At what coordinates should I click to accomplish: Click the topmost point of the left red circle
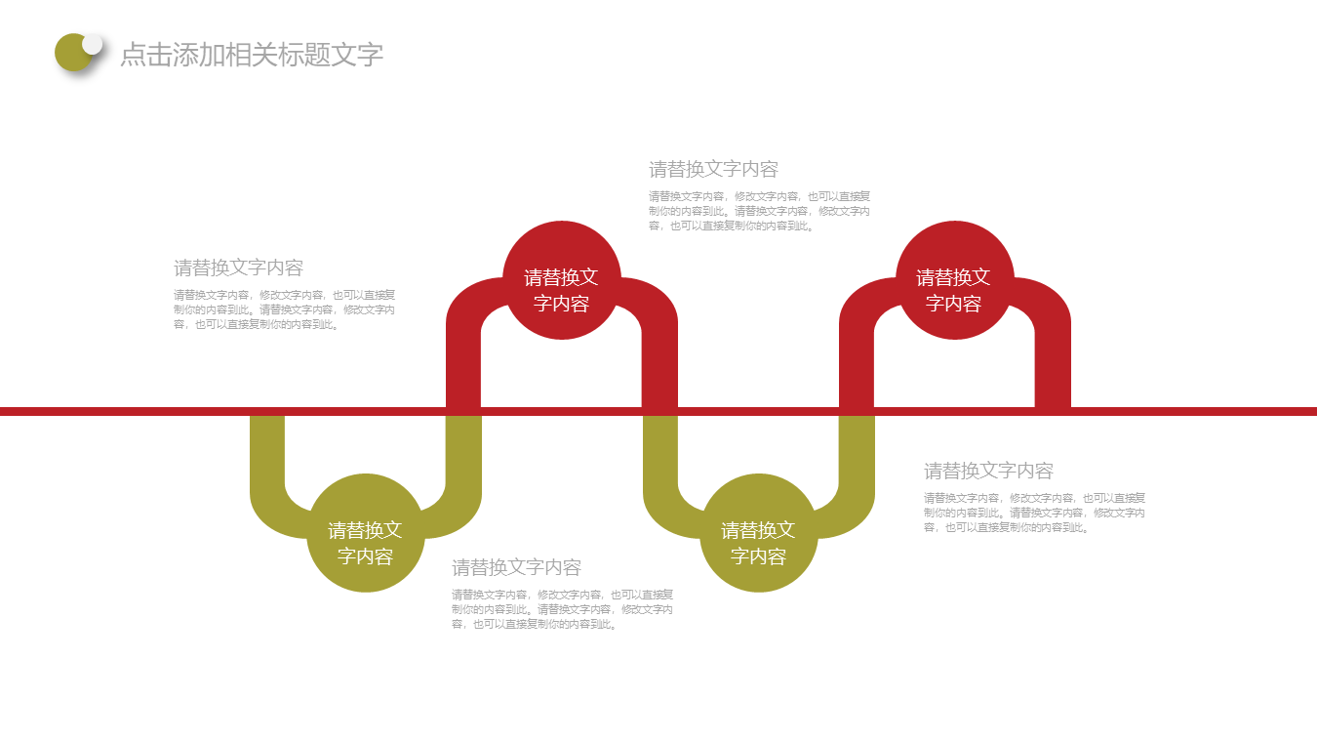[562, 221]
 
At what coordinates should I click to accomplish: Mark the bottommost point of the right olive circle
[758, 593]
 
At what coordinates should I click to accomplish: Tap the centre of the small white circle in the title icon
[92, 44]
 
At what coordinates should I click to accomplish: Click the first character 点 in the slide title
[133, 55]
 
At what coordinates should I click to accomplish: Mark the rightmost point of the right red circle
[1015, 280]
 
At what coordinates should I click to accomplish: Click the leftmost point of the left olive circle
[306, 533]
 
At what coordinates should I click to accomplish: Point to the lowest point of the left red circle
[562, 340]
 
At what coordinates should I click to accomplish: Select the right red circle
[955, 280]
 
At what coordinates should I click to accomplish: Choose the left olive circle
[366, 533]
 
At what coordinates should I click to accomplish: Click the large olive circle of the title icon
[72, 53]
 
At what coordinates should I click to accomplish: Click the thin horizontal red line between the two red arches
[758, 411]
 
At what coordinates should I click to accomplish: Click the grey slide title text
[252, 55]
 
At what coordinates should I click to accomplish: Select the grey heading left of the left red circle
[238, 268]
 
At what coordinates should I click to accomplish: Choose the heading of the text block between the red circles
[713, 170]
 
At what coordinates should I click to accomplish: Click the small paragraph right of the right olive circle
[1034, 513]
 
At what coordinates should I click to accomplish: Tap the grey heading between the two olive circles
[516, 567]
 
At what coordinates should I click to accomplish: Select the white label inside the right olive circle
[758, 543]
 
